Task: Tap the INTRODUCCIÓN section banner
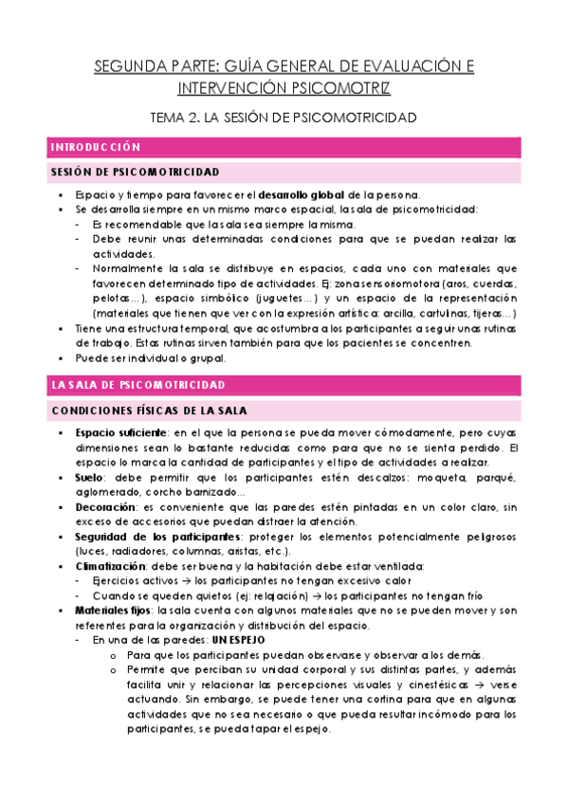[96, 148]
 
